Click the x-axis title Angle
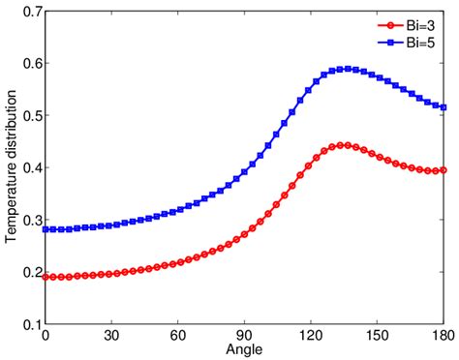(x=244, y=348)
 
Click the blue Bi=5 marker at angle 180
(x=444, y=106)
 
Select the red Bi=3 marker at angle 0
(x=46, y=277)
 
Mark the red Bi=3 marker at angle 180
(x=444, y=169)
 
